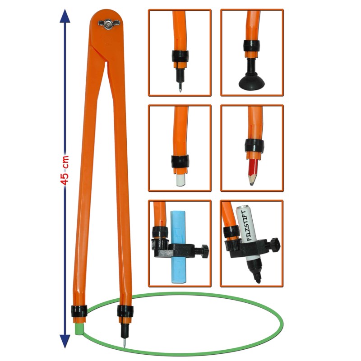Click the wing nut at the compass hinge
tap(109, 24)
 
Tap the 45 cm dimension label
tap(65, 171)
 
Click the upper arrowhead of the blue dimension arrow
tap(65, 16)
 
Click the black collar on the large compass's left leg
tap(79, 311)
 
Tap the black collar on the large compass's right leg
tap(125, 311)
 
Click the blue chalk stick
tap(178, 246)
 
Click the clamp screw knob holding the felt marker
tap(275, 245)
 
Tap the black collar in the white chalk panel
tap(180, 161)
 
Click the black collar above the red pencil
tap(254, 145)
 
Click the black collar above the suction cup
tap(252, 46)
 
